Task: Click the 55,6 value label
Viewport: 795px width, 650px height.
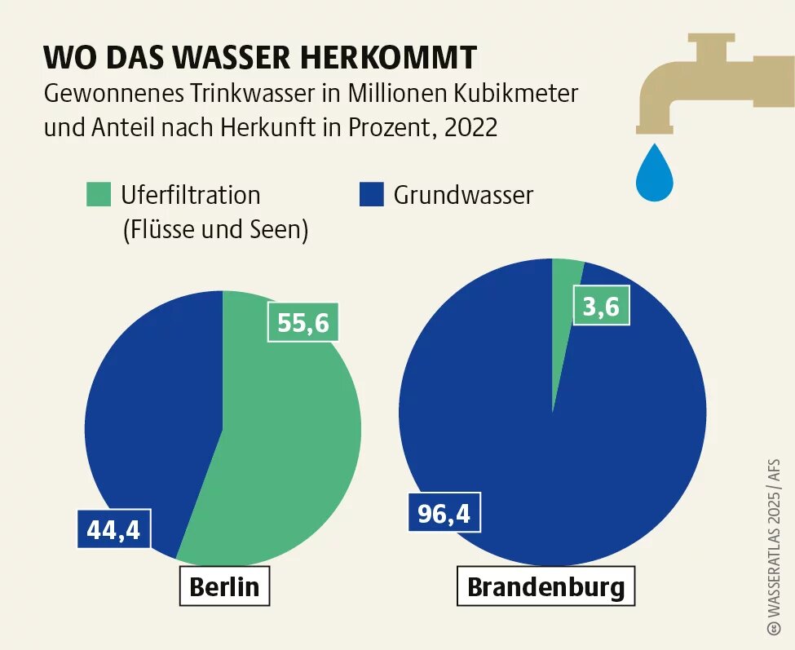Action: click(x=303, y=323)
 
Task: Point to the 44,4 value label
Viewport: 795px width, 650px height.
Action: click(x=113, y=531)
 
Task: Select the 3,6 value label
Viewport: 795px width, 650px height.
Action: click(x=601, y=307)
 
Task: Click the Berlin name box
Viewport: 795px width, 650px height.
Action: click(x=224, y=586)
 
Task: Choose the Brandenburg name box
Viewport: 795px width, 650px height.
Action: click(x=545, y=587)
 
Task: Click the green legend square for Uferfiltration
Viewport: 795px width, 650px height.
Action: click(x=97, y=195)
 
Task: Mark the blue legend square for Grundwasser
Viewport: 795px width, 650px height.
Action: click(x=370, y=195)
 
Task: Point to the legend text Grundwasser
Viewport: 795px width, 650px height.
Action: click(x=463, y=196)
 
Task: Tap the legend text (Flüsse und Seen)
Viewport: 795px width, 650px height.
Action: click(x=214, y=230)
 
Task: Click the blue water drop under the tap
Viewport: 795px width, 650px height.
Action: click(x=655, y=175)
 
